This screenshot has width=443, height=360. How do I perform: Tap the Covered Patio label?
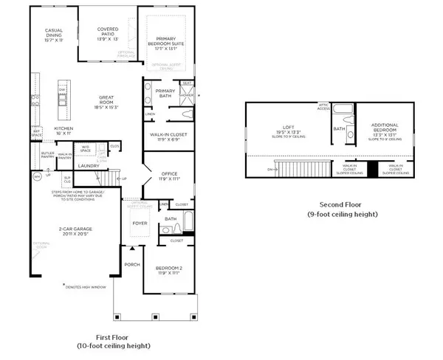tap(114, 30)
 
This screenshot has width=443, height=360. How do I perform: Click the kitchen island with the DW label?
tap(64, 94)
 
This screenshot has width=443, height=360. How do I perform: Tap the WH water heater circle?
tap(35, 177)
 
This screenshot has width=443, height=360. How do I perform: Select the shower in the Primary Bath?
tap(187, 94)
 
